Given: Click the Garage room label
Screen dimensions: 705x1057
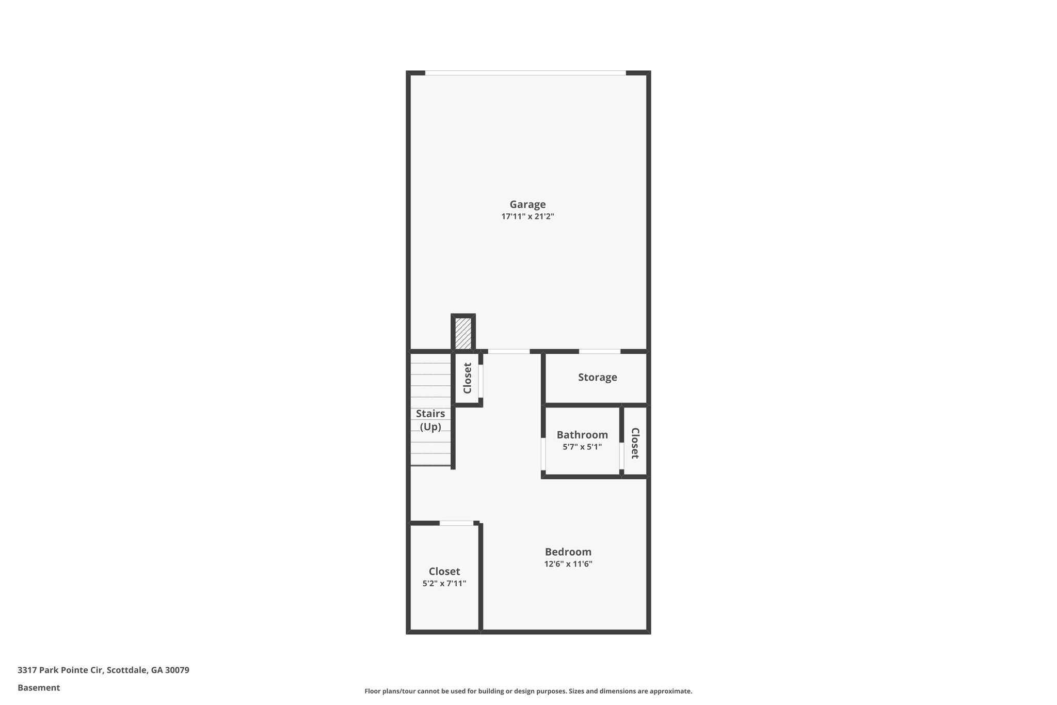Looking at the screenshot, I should pos(527,205).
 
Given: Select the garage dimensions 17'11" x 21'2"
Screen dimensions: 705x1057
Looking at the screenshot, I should pos(527,217).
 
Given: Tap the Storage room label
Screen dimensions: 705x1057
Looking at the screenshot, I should pos(597,378).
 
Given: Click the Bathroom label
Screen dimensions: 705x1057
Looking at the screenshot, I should pos(582,435).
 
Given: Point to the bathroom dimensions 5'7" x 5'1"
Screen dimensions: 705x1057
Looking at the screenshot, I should pos(582,447).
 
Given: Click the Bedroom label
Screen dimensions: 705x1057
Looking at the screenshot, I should pos(568,552).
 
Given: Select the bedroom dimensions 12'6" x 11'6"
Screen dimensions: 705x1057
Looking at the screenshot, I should pos(568,564).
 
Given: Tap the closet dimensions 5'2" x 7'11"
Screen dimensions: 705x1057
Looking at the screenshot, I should pos(444,584).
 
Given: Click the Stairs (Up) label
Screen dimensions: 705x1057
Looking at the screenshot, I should pos(430,420).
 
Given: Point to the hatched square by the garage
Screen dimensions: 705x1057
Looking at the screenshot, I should pos(463,333).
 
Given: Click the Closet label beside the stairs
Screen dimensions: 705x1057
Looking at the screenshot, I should pos(468,378).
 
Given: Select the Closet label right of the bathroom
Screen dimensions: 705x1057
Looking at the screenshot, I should pos(635,443).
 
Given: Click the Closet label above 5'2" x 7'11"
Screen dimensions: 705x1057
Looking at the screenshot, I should pos(444,571).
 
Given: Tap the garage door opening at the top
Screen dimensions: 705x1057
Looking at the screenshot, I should pos(525,73).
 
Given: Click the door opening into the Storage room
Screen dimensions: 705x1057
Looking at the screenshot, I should pos(599,352).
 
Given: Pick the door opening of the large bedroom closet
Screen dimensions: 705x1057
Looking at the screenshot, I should pos(456,523).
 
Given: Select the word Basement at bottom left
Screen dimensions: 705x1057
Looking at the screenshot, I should pos(39,688).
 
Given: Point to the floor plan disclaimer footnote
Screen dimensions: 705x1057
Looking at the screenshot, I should pos(528,691).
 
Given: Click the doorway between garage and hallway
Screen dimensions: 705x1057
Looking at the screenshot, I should pos(509,352).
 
